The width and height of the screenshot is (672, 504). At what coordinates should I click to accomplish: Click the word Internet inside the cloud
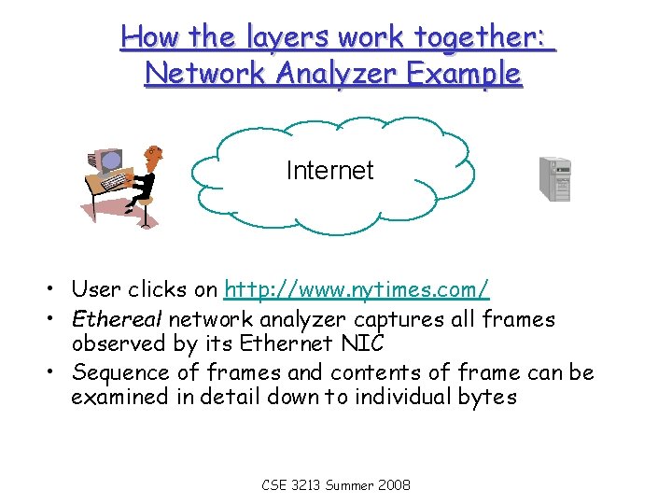click(x=329, y=171)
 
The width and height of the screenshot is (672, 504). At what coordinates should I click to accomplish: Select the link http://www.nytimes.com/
click(x=357, y=289)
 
